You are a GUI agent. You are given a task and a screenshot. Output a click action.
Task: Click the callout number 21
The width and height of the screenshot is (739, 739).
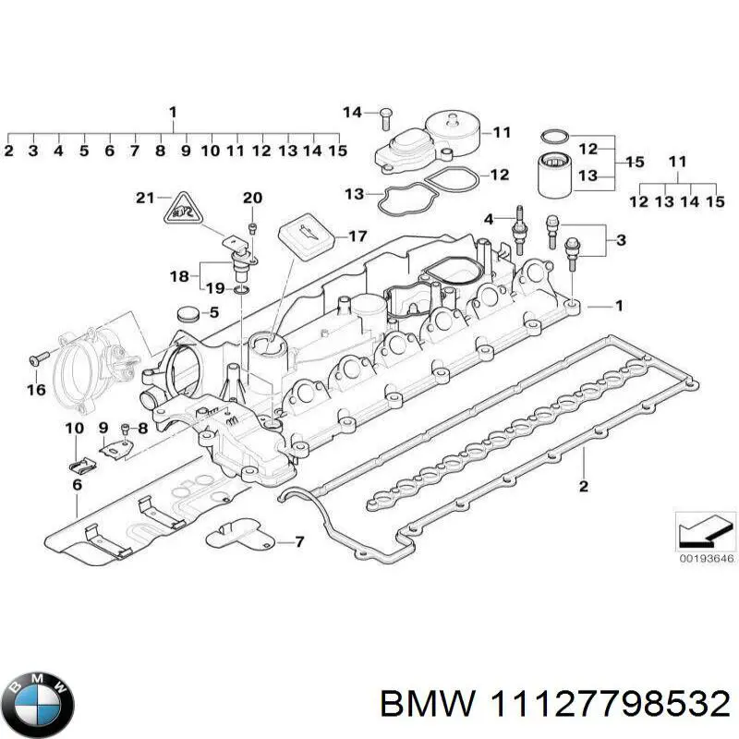pos(144,198)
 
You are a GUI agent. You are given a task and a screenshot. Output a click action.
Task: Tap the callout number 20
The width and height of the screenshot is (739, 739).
pos(252,198)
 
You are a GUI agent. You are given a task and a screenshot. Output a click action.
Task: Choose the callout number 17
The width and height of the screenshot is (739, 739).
pos(357,236)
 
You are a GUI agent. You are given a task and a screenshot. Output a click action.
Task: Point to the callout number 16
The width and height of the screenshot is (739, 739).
pos(36,390)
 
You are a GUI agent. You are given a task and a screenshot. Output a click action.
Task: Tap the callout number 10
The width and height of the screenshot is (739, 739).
pos(75,428)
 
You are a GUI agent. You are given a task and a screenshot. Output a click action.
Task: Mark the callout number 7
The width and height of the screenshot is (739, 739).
pos(298,541)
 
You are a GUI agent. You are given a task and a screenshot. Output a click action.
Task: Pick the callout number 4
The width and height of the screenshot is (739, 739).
pos(489,218)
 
